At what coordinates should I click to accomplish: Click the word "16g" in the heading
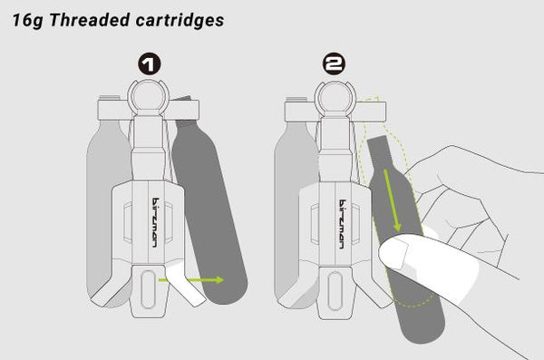[27, 20]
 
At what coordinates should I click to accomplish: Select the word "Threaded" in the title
[90, 20]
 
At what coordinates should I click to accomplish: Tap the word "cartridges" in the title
[180, 20]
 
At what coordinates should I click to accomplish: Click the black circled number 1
[150, 64]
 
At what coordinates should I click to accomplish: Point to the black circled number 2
[334, 63]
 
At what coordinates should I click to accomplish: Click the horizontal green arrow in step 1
[191, 280]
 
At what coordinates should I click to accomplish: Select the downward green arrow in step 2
[392, 200]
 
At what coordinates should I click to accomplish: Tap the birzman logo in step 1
[155, 222]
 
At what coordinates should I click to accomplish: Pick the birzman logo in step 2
[342, 224]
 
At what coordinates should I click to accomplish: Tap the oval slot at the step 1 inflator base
[148, 289]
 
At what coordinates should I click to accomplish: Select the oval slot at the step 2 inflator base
[335, 291]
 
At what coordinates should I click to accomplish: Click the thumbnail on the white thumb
[396, 252]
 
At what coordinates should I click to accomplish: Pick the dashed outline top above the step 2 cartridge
[373, 100]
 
